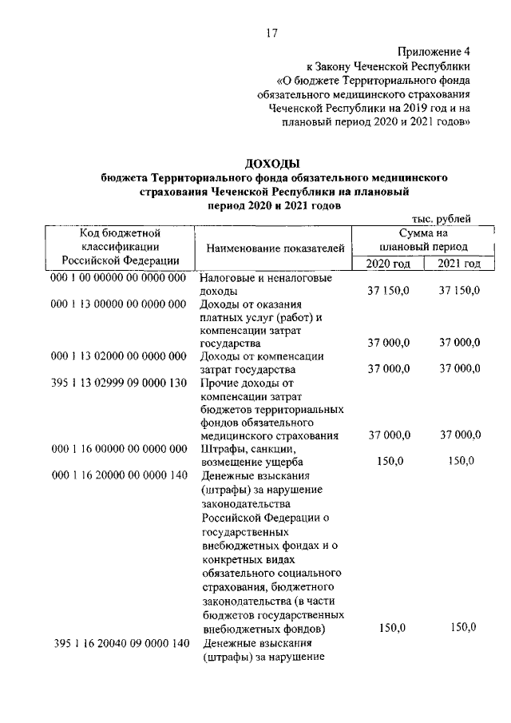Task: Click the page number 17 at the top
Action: pos(271,33)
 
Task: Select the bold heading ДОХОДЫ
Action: pos(271,164)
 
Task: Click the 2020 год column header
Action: pos(387,264)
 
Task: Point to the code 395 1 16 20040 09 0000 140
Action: pos(121,642)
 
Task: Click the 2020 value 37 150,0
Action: pos(389,292)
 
